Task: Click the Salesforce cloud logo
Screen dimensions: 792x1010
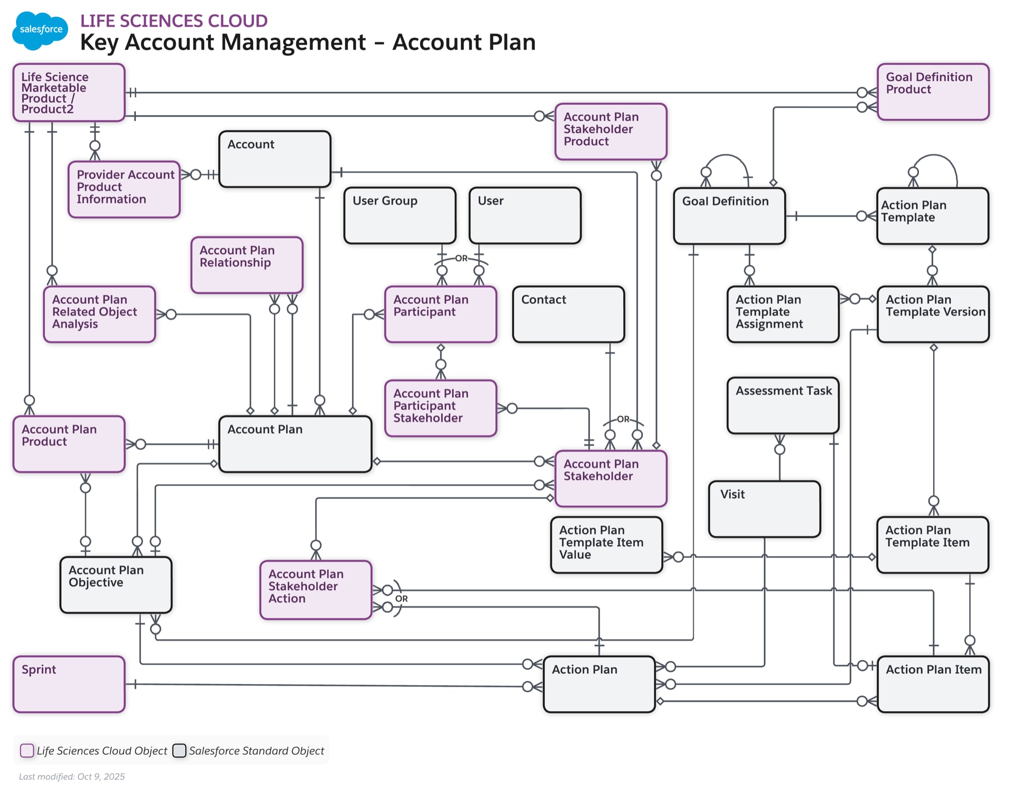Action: (40, 30)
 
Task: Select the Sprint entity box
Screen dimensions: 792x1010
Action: (69, 684)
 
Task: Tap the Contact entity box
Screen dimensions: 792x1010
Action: (568, 314)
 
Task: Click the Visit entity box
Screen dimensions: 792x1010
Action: (764, 508)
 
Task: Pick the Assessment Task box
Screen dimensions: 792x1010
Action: (783, 405)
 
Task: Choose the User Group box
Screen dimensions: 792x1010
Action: (399, 216)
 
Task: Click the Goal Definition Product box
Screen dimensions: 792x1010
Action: (933, 91)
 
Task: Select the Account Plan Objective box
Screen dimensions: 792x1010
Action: (116, 585)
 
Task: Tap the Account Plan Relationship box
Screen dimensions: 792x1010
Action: (246, 265)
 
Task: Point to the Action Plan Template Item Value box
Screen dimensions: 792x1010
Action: (606, 544)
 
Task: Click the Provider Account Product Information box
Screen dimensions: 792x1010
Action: (124, 189)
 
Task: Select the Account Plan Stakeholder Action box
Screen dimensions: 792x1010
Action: (316, 590)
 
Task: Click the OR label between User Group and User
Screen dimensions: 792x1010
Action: (461, 258)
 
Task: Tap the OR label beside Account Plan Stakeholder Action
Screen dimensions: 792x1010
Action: (401, 599)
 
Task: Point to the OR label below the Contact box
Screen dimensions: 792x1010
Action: (623, 419)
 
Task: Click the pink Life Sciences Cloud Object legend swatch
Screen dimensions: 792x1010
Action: (27, 751)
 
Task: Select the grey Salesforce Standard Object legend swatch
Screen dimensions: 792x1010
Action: (179, 751)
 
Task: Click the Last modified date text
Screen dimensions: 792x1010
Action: (72, 776)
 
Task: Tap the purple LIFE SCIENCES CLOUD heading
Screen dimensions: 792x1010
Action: (174, 21)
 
